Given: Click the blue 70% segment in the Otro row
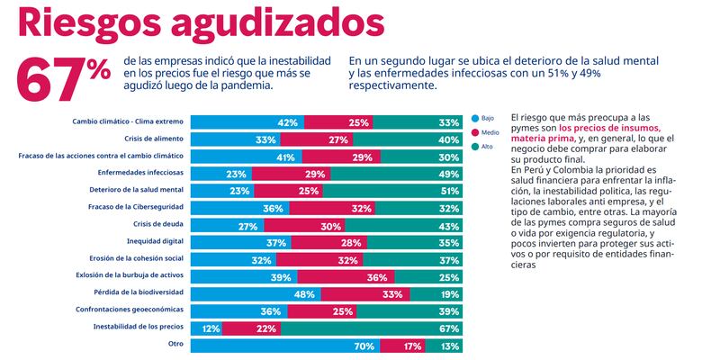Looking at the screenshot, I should pyautogui.click(x=287, y=344).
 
